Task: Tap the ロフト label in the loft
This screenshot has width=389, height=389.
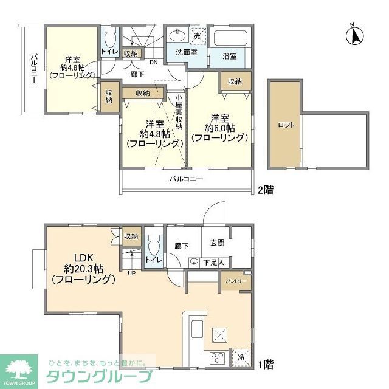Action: [x=286, y=125]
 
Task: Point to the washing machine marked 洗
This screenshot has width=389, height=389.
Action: [x=196, y=36]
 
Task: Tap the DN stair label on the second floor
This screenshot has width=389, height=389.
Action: [x=154, y=63]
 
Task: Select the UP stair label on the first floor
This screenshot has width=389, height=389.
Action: [x=131, y=273]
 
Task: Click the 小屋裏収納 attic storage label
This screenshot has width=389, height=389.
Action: [x=179, y=115]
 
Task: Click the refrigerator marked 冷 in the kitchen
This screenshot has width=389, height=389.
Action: [x=241, y=358]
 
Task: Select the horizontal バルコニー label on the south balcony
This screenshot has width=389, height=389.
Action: [x=186, y=179]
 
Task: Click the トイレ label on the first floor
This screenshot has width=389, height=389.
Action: [x=154, y=260]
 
